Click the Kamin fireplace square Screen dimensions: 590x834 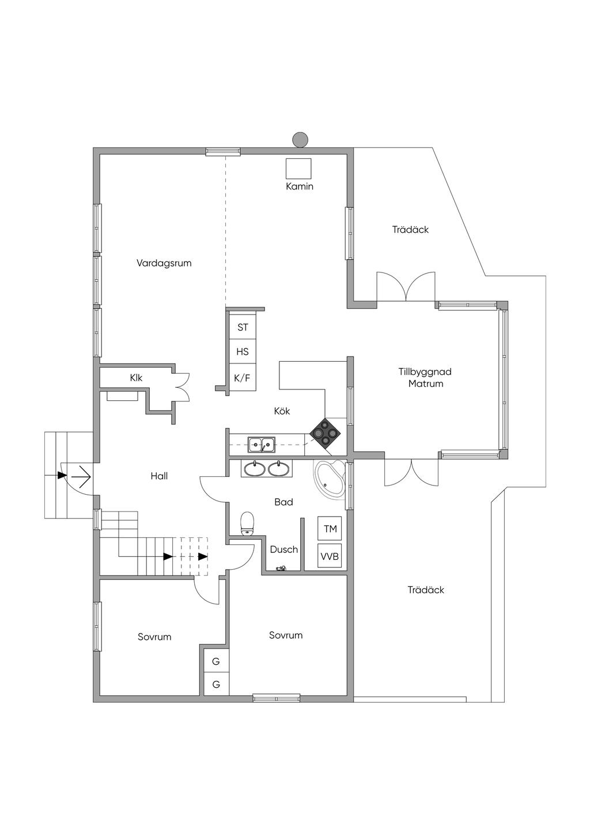(x=298, y=169)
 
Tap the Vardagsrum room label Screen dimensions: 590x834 (x=164, y=263)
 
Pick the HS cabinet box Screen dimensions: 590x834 (x=243, y=351)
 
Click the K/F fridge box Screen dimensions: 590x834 (x=243, y=378)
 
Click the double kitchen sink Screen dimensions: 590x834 (x=262, y=445)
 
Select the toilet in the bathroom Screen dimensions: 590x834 (x=247, y=524)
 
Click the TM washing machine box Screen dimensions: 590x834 (x=330, y=528)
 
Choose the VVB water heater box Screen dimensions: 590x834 (x=330, y=555)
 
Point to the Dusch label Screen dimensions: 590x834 (x=284, y=549)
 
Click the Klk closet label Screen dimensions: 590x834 (x=137, y=378)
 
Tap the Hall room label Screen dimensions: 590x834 (x=159, y=476)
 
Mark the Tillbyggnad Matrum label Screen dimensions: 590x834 (x=425, y=377)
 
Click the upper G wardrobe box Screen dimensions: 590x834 (x=216, y=661)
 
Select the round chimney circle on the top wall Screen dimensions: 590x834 (x=300, y=140)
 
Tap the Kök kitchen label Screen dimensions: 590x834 (x=282, y=411)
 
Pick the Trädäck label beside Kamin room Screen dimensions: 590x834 (x=410, y=229)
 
